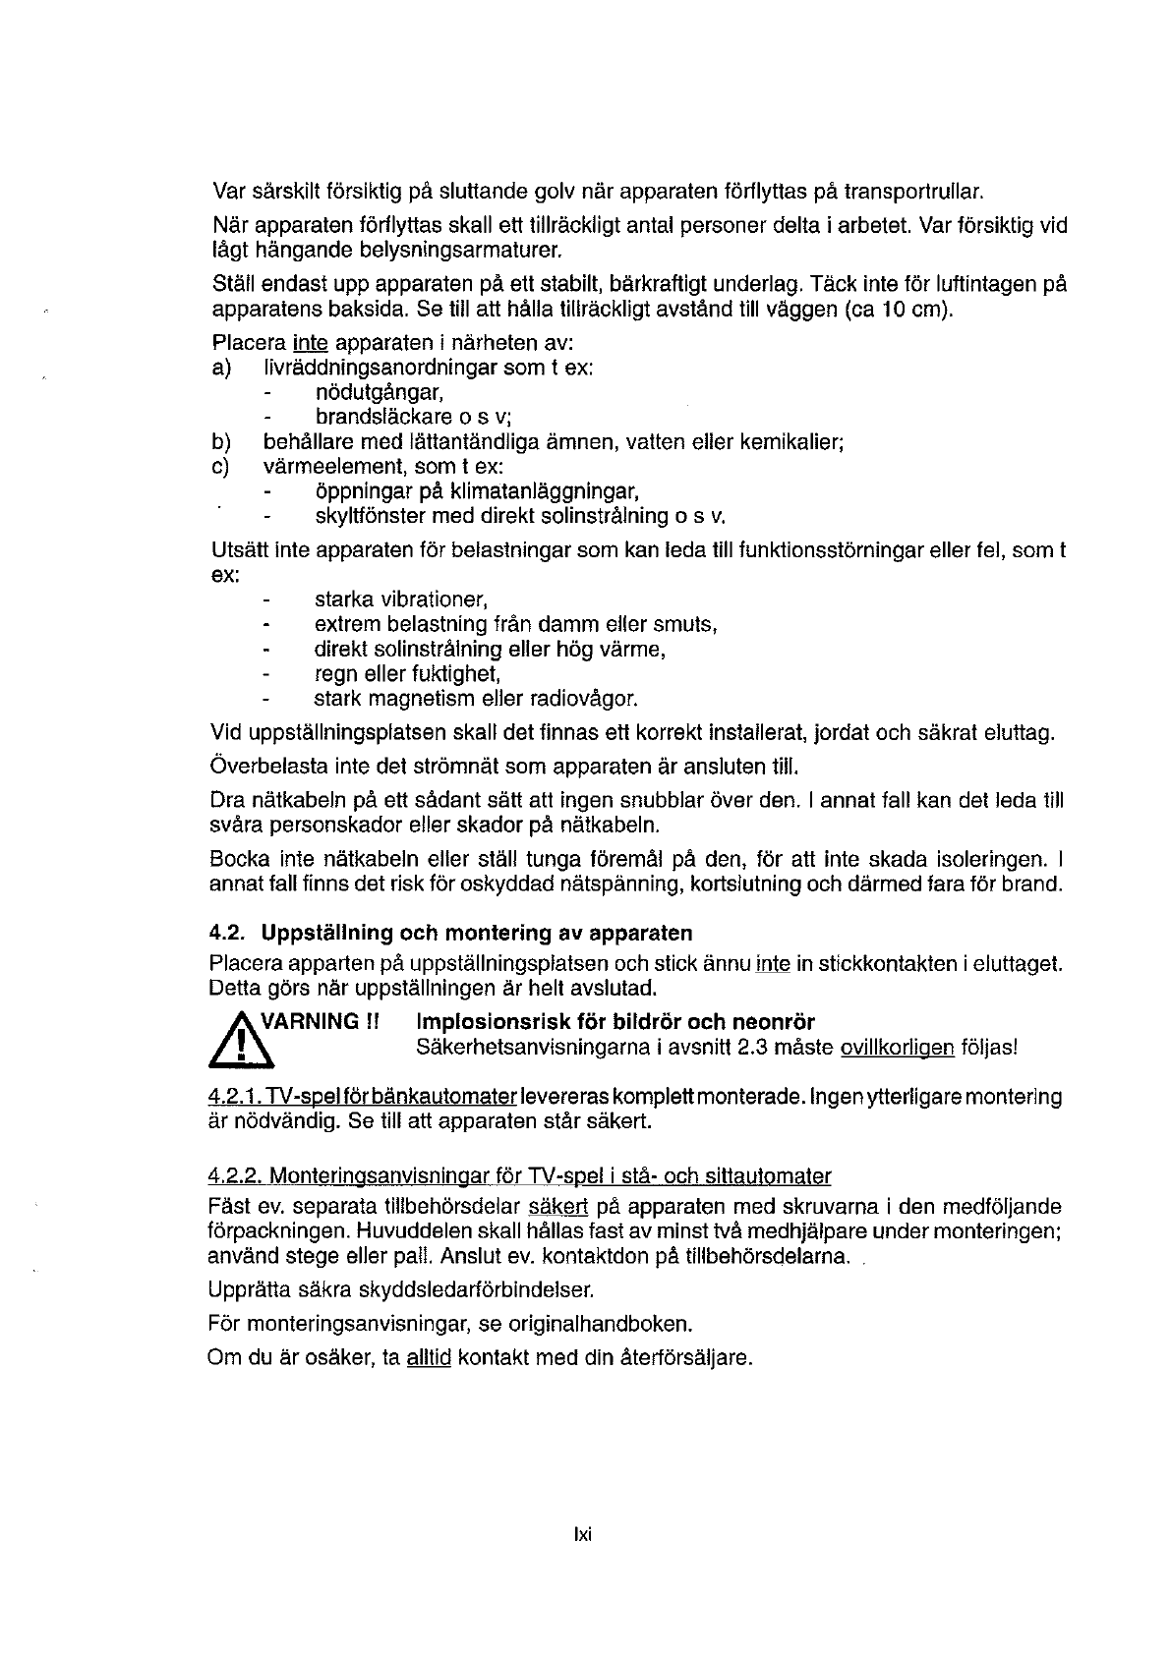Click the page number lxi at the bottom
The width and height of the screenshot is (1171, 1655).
(584, 1535)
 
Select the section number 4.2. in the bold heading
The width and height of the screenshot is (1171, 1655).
(227, 933)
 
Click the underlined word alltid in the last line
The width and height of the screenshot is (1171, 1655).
(428, 1359)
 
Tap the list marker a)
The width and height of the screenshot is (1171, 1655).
(220, 369)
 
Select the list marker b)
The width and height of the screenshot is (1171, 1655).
(220, 442)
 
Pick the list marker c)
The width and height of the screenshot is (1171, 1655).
(220, 467)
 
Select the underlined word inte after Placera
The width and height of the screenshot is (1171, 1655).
(310, 344)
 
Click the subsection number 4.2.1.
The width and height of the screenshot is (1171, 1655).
(235, 1097)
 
